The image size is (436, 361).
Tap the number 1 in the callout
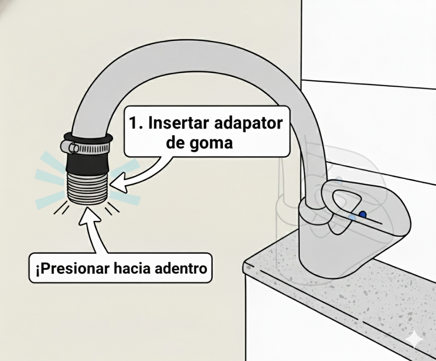[133, 123]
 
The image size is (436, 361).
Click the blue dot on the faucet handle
[363, 214]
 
